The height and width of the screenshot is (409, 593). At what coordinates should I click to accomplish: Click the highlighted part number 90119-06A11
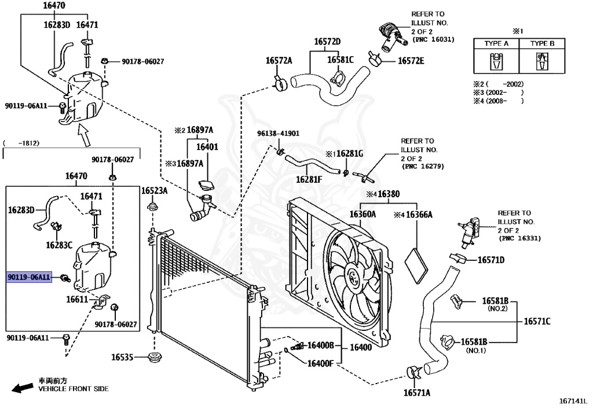coord(29,277)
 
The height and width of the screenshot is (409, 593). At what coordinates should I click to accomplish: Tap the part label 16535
coord(122,357)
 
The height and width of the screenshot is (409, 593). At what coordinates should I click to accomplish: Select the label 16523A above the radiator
coord(154,191)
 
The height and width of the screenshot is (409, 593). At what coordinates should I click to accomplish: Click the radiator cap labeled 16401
coord(206,186)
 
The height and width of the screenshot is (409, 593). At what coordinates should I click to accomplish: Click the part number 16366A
coord(419,215)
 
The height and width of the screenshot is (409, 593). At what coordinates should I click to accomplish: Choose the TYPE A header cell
coord(496,43)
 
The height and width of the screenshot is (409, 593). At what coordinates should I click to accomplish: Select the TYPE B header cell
coord(542,43)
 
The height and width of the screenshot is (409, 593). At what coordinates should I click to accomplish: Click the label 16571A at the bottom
coord(417,393)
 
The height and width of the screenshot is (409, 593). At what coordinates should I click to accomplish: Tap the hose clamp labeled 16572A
coord(280,83)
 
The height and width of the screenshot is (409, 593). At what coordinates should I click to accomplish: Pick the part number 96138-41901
coord(278,133)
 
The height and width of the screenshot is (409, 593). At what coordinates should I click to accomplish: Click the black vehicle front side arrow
coord(23,388)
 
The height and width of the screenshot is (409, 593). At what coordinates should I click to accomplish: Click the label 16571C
coord(537,322)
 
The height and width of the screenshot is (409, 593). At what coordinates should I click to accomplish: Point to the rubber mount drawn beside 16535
coord(154,357)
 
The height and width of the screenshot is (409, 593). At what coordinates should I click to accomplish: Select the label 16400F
coord(320,364)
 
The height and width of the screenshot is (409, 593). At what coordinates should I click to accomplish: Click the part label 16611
coord(77,300)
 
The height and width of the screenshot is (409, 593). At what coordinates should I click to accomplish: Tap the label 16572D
coord(327,42)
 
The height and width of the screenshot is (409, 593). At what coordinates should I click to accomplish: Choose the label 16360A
coord(363,215)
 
